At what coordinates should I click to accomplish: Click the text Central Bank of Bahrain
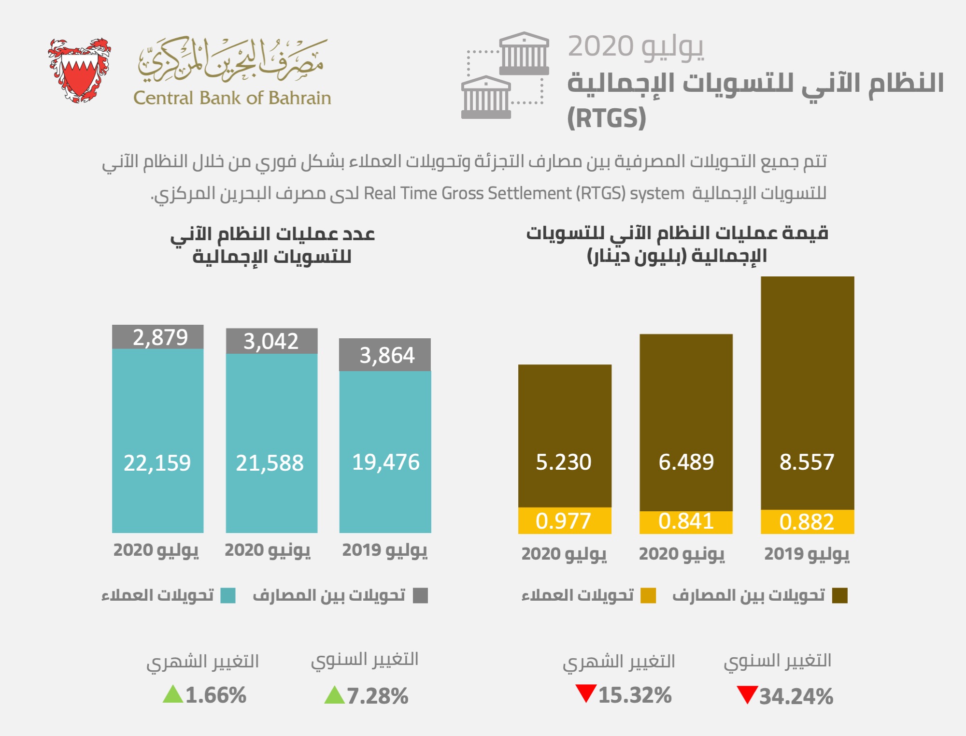point(232,98)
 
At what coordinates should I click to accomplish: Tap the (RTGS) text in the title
point(606,118)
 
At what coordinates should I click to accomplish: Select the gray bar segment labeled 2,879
point(158,337)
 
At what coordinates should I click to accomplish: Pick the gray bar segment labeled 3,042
point(271,341)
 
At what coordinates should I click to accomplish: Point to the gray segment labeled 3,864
point(385,355)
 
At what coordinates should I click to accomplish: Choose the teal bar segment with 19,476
point(385,452)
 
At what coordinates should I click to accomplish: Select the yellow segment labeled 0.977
point(565,521)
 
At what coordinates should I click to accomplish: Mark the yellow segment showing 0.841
point(686,522)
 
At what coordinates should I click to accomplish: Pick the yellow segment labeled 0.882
point(807,522)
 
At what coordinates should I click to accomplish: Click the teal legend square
point(228,595)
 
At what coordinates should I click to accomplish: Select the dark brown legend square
point(840,595)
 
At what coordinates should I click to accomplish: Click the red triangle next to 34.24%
point(747,695)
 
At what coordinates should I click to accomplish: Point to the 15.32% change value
point(635,695)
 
